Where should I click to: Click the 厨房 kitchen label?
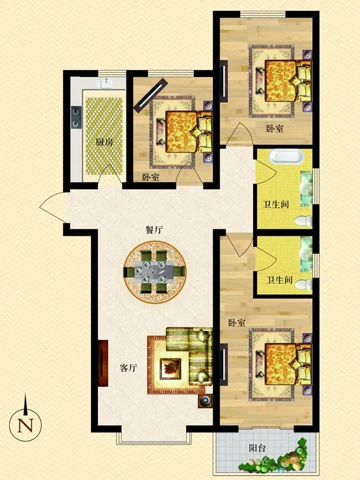pos(104,142)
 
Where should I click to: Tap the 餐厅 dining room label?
pos(154,230)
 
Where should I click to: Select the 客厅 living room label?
pos(128,368)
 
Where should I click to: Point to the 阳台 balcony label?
pos(257,448)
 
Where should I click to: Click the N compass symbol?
pos(25,425)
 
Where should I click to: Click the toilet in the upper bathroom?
pos(304,221)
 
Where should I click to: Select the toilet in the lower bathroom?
pos(304,284)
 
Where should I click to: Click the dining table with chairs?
pos(155,272)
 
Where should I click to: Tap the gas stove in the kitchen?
pos(76,117)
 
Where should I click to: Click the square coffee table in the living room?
pos(170,368)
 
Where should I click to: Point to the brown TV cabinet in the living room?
pos(103,364)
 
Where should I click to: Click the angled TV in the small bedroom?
pos(151,94)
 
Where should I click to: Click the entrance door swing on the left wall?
pos(53,208)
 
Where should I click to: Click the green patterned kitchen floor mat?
pos(104,136)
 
